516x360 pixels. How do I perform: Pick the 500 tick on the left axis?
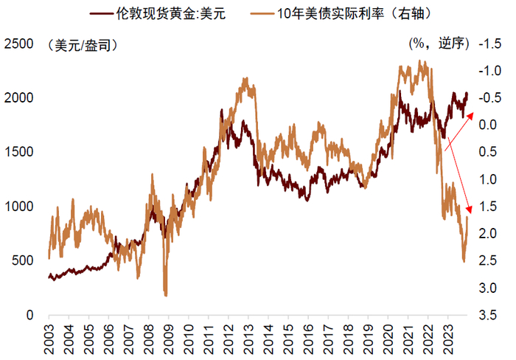click(x=22, y=261)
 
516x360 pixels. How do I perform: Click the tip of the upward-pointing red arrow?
click(x=475, y=100)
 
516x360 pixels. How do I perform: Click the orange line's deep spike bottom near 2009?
click(x=165, y=296)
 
